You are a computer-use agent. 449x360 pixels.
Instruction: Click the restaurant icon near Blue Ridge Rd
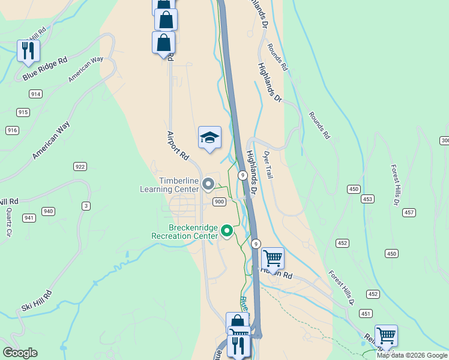point(28,51)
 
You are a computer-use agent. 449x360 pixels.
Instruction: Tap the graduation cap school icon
point(209,138)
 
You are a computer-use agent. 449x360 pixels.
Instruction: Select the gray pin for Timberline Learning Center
point(209,184)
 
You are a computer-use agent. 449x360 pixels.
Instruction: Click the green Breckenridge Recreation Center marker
point(227,230)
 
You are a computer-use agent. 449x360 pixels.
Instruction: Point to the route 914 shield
point(35,94)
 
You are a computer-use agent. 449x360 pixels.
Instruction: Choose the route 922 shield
point(80,166)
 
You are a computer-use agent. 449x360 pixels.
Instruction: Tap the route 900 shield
point(219,202)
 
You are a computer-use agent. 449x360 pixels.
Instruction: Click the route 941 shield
point(28,218)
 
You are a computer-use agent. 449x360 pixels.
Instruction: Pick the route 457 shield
point(409,212)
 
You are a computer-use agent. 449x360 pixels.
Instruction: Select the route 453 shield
point(367,199)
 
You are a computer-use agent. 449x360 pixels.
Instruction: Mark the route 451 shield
point(366,313)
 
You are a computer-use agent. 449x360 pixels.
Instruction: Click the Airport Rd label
point(178,146)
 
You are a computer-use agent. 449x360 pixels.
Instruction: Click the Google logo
point(20,353)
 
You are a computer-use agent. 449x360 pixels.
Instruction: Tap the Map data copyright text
point(412,355)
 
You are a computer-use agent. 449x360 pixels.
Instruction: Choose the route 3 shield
point(86,206)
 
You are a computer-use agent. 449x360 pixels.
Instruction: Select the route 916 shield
point(12,130)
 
